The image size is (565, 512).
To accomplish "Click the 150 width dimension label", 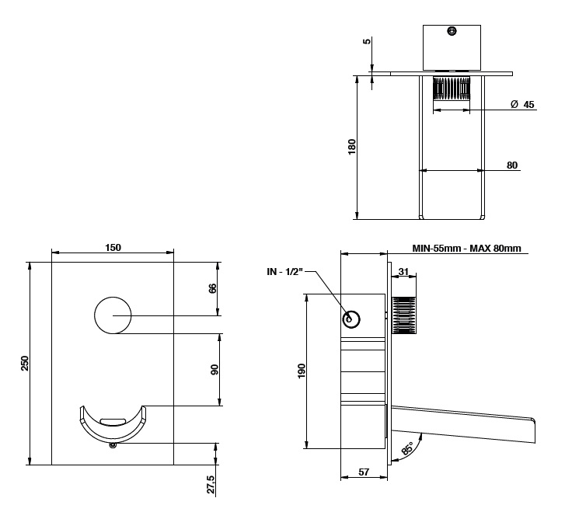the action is point(113,248).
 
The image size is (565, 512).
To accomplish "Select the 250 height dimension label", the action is point(24,364).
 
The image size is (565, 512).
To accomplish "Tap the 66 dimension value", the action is point(213,288).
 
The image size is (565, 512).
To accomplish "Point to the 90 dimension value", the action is point(214,370).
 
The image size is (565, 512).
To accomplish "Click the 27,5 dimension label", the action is point(211,485).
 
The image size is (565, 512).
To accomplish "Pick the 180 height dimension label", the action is point(352,147).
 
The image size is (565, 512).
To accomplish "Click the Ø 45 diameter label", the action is point(522,104).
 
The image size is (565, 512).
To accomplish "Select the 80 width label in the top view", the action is point(512,165).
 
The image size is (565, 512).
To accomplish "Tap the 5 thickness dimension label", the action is point(367,41).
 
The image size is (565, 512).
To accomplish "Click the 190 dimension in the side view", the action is point(302,371).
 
